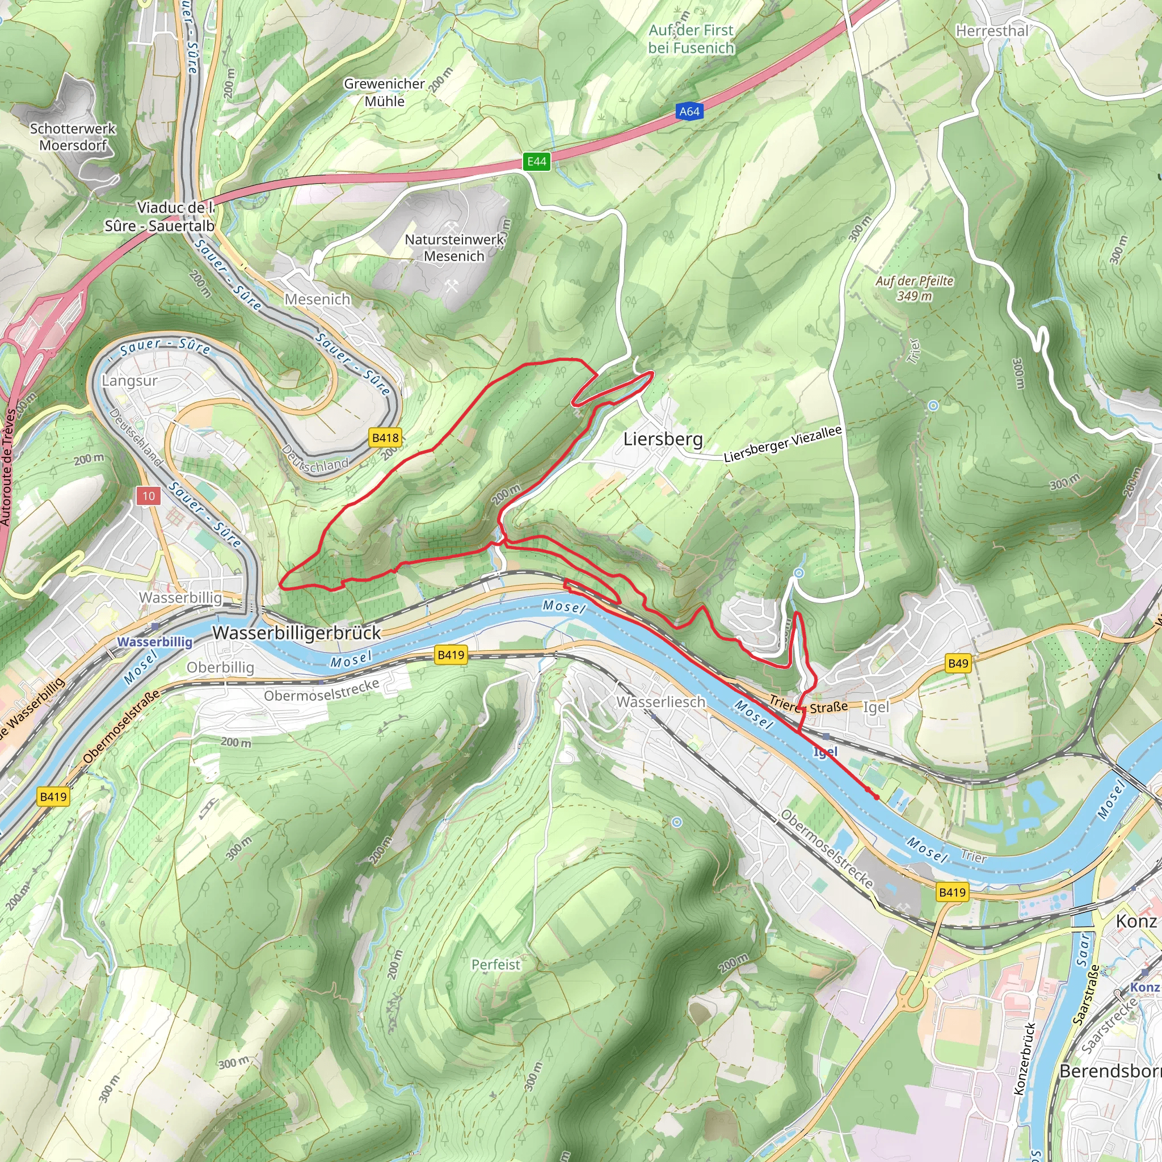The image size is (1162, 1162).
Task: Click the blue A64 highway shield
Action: pyautogui.click(x=689, y=111)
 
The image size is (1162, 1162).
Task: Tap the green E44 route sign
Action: pyautogui.click(x=537, y=161)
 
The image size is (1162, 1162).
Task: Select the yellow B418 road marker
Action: pyautogui.click(x=385, y=438)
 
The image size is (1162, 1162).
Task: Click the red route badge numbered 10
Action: pyautogui.click(x=149, y=496)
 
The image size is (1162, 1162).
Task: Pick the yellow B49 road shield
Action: pyautogui.click(x=958, y=663)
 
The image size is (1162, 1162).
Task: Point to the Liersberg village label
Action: pyautogui.click(x=663, y=439)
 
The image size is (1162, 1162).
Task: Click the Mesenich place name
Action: pyautogui.click(x=317, y=299)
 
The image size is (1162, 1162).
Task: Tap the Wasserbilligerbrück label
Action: pyautogui.click(x=297, y=633)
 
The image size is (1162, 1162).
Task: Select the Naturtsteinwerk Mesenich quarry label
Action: pyautogui.click(x=454, y=248)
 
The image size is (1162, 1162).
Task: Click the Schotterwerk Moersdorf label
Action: pyautogui.click(x=73, y=137)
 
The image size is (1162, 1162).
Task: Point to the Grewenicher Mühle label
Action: pyautogui.click(x=384, y=92)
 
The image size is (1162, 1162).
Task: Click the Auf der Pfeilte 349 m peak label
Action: pyautogui.click(x=914, y=288)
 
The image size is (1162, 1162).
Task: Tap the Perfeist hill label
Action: pyautogui.click(x=495, y=964)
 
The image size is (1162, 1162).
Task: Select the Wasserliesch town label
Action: pyautogui.click(x=660, y=702)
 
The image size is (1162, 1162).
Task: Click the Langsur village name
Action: pyautogui.click(x=129, y=381)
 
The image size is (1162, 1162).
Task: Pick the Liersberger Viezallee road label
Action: pyautogui.click(x=782, y=444)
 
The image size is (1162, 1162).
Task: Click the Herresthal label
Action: pyautogui.click(x=992, y=31)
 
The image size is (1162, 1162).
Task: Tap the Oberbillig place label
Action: pyautogui.click(x=220, y=668)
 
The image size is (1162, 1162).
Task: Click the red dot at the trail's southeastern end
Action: pyautogui.click(x=876, y=798)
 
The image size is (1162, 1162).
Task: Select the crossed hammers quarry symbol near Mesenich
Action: pyautogui.click(x=452, y=287)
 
